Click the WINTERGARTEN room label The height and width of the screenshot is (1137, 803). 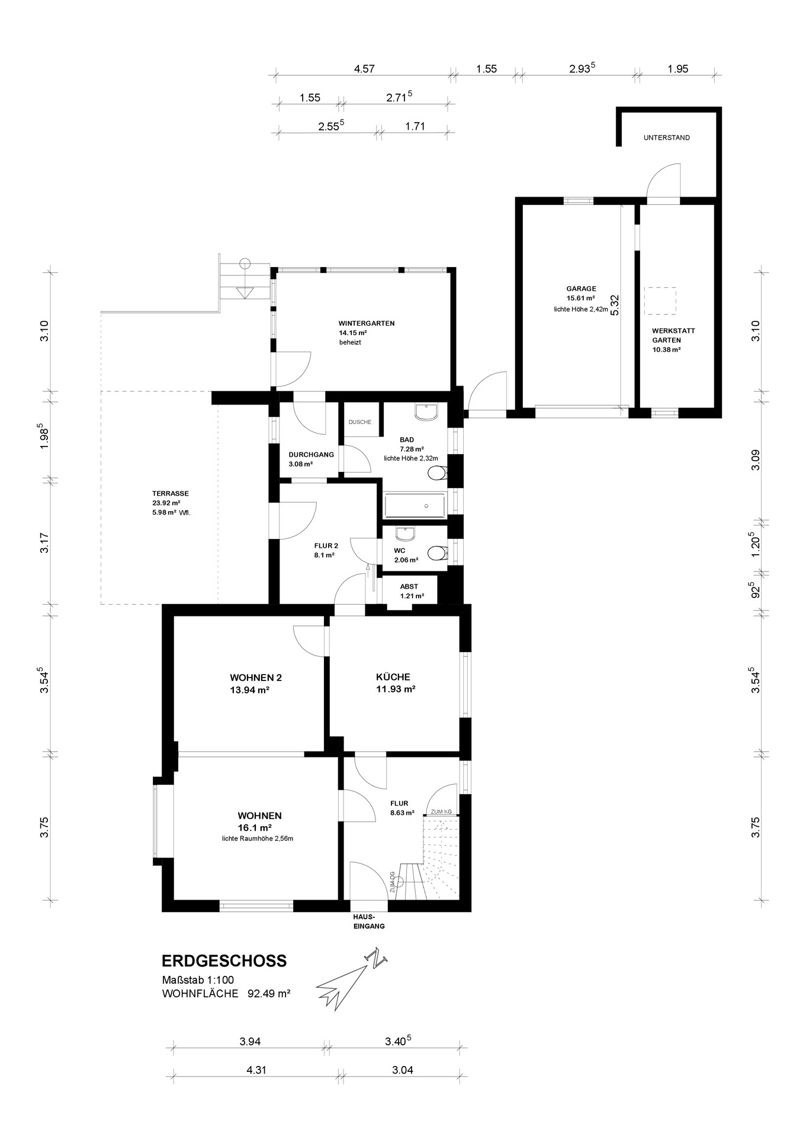point(366,323)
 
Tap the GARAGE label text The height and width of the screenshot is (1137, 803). point(581,289)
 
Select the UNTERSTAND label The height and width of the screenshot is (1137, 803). point(667,138)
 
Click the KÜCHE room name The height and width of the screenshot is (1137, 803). point(393,677)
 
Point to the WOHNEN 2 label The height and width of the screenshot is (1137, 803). point(252,677)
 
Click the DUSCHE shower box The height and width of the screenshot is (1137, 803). point(360,420)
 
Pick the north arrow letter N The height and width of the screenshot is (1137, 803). point(374,959)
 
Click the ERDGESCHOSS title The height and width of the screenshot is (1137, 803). point(224,961)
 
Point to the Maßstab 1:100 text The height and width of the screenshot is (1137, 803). point(198,980)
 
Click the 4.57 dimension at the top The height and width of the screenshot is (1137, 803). point(364,69)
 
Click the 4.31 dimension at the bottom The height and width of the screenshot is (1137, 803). point(256,1070)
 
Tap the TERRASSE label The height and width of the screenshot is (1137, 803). point(171,493)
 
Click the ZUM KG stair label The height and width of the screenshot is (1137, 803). point(441,811)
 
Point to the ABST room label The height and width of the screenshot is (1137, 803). point(409,586)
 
